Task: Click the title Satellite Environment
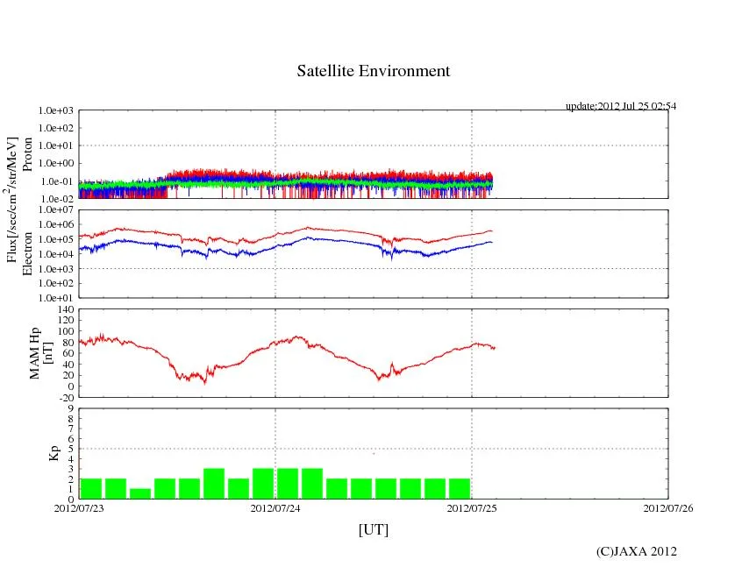click(373, 71)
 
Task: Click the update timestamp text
click(620, 106)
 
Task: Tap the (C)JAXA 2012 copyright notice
click(636, 551)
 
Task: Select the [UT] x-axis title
click(374, 530)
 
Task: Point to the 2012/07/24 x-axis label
click(275, 507)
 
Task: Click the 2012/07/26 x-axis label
click(668, 507)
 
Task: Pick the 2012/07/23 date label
click(79, 507)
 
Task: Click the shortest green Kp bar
click(139, 493)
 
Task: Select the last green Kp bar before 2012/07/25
click(459, 489)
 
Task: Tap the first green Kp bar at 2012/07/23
click(91, 489)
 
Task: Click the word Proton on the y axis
click(27, 154)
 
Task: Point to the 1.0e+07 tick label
click(55, 210)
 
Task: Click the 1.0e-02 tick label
click(55, 199)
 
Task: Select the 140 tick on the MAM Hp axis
click(65, 309)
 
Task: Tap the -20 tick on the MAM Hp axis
click(65, 397)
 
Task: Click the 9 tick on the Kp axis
click(71, 408)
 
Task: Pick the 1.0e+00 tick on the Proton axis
click(55, 164)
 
